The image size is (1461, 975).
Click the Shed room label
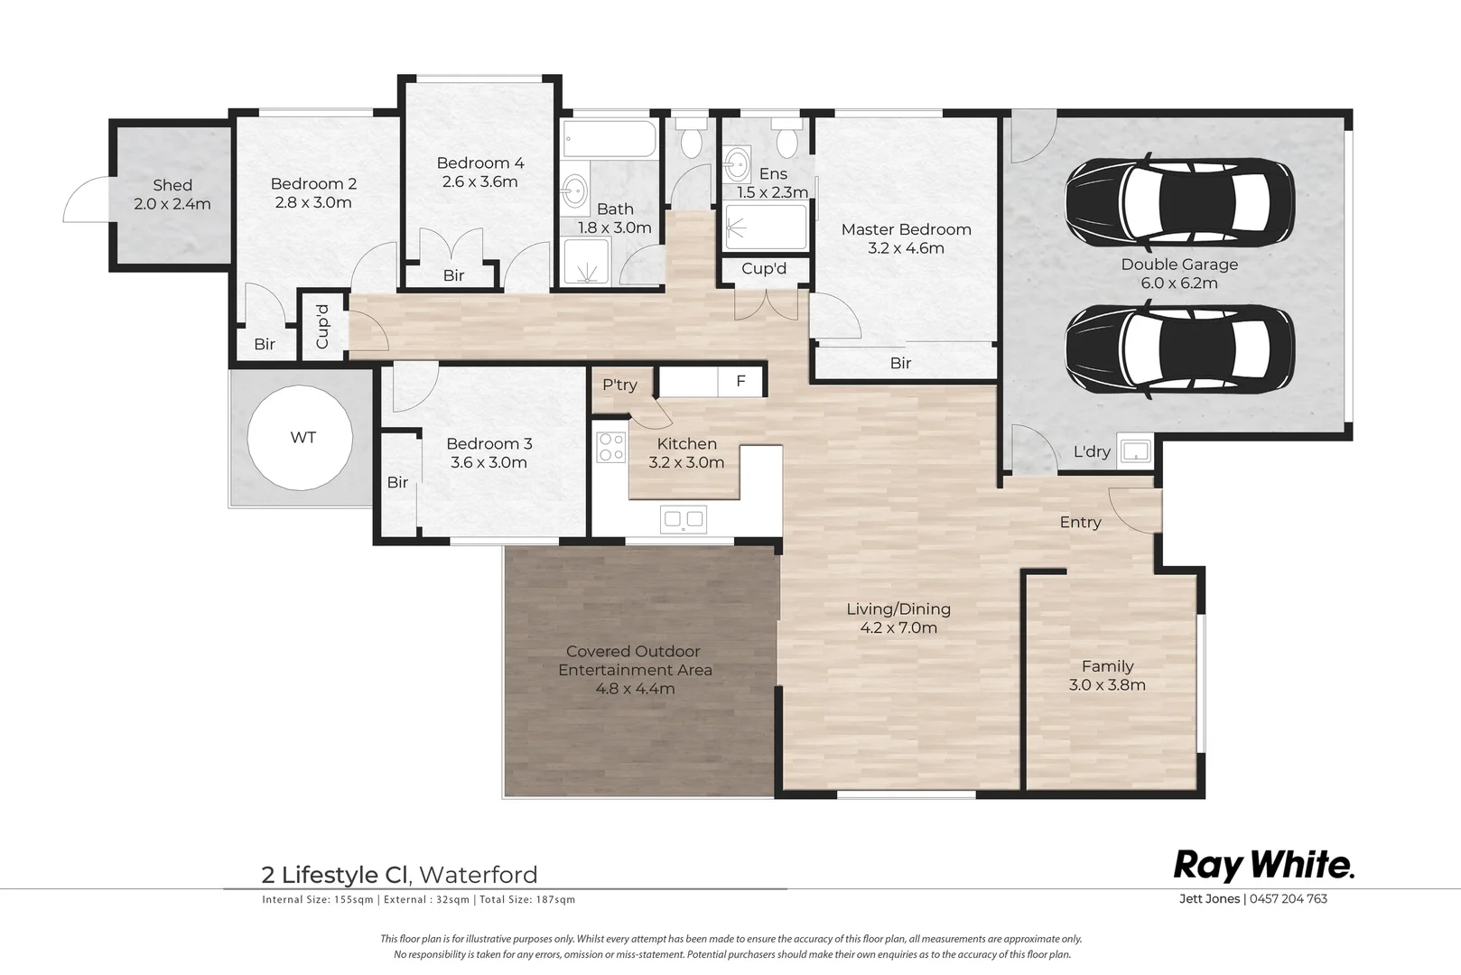tap(172, 185)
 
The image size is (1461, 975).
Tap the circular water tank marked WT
tap(300, 438)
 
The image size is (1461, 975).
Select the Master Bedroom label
tap(906, 229)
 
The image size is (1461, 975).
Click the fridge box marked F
tap(740, 381)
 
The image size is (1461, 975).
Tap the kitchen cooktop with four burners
tap(611, 448)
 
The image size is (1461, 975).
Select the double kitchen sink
tap(683, 520)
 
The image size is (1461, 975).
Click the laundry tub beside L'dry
tap(1135, 450)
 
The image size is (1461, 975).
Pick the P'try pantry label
tap(619, 385)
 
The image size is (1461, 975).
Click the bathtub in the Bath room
tap(610, 139)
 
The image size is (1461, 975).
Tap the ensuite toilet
tap(786, 138)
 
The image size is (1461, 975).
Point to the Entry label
tap(1080, 523)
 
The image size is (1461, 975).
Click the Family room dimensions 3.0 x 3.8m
tap(1107, 685)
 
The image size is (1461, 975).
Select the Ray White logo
tap(1263, 867)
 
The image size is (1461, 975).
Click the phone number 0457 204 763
tap(1289, 898)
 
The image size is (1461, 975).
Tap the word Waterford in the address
tap(478, 875)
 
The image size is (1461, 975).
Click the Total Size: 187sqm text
tap(527, 900)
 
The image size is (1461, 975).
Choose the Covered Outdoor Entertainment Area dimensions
tap(635, 689)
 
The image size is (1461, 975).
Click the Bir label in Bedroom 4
tap(453, 275)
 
